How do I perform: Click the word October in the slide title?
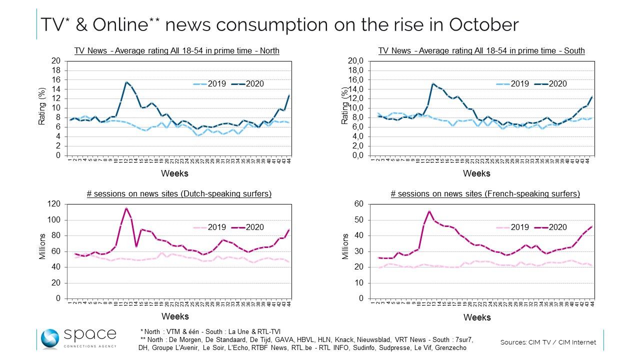473,24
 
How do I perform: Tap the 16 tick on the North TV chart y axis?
56,80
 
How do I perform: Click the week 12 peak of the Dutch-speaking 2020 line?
126,208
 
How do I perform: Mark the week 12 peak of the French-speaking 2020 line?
429,211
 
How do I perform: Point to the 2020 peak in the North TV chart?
126,82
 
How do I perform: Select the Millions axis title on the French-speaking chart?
345,246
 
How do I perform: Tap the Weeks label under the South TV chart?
476,173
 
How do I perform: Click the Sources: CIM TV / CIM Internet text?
548,342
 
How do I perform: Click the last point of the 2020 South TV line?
592,96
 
